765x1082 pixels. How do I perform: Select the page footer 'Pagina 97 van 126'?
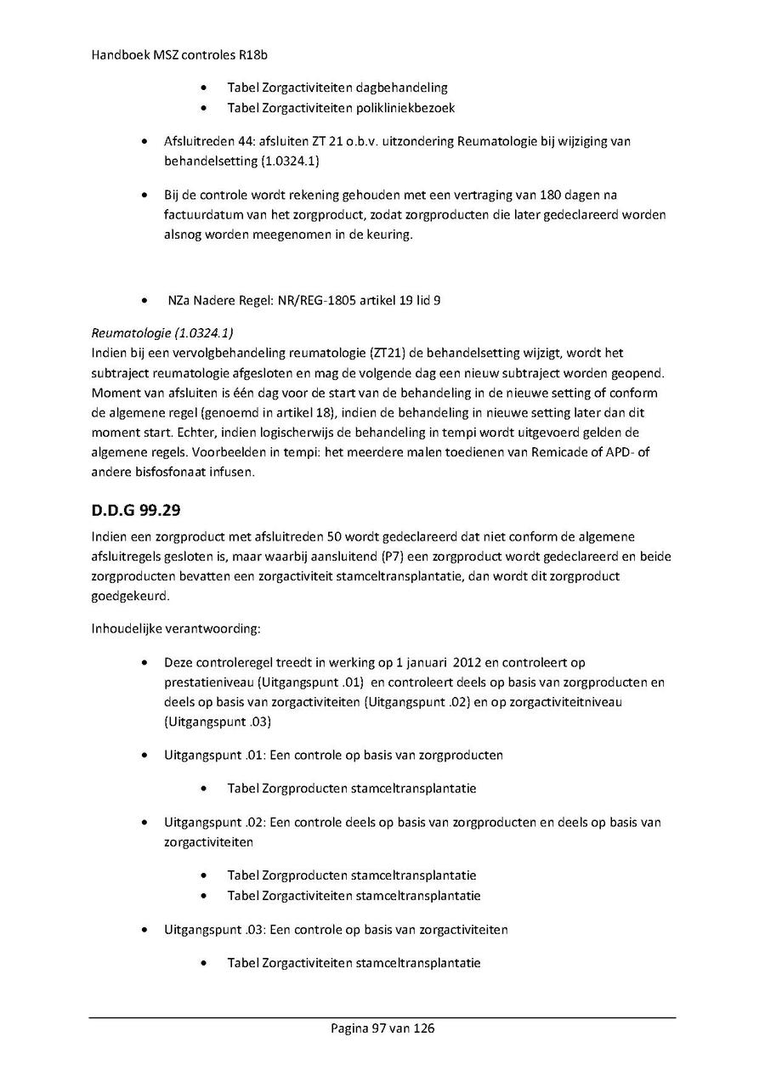pyautogui.click(x=382, y=1028)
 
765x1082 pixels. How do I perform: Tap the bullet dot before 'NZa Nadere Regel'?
pyautogui.click(x=148, y=300)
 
